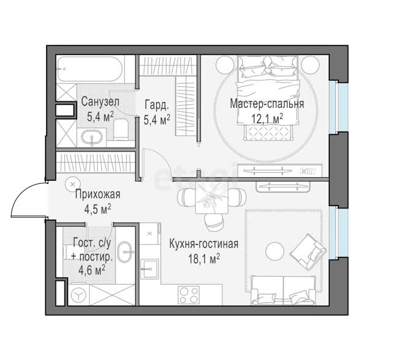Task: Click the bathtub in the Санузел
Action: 90,69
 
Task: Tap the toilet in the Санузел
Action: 121,129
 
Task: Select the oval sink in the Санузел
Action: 91,138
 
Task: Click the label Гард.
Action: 157,105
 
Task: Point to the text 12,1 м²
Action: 268,118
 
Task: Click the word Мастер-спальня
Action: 267,104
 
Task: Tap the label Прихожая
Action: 98,194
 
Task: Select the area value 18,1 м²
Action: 204,258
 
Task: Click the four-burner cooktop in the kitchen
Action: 189,295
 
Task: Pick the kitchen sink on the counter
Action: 150,269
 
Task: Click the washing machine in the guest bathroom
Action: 79,295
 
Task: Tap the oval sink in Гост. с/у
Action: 125,252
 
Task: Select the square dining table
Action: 212,197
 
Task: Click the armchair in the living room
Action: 308,252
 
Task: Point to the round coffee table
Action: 275,251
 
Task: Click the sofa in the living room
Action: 284,290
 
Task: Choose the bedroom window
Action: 338,107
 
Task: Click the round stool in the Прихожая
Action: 72,184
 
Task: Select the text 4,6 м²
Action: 91,270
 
